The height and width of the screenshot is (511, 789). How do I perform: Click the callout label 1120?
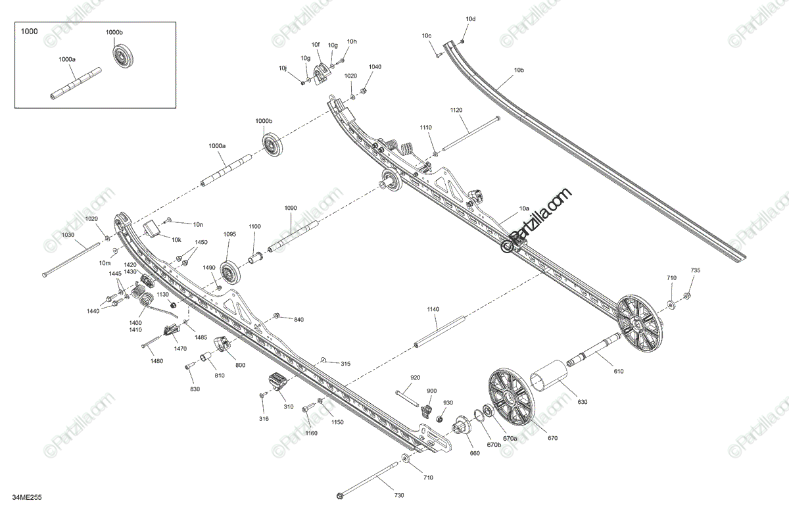[x=457, y=110]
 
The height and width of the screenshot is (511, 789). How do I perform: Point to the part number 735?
[x=695, y=271]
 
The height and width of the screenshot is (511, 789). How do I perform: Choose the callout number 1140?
[x=433, y=309]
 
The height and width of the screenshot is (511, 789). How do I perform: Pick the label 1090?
[x=291, y=208]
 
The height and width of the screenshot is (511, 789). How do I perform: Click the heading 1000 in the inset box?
[x=30, y=31]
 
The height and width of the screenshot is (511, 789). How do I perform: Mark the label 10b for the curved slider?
[x=519, y=70]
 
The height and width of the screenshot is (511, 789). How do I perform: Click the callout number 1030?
[x=68, y=235]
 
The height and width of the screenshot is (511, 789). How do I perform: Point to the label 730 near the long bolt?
[x=399, y=495]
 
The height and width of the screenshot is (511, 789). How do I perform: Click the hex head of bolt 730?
[x=339, y=495]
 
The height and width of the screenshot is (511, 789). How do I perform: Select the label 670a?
[x=510, y=439]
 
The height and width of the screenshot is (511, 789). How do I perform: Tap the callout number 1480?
[x=156, y=360]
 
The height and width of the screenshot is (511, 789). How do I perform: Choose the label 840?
[x=299, y=320]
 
